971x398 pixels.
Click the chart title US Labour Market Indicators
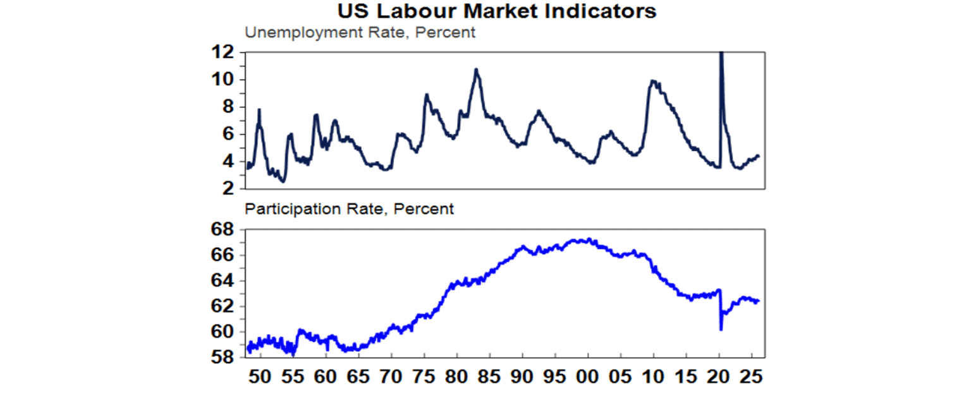[x=485, y=11]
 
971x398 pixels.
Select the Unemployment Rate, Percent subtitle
[x=360, y=33]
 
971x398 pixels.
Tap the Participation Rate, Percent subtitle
[x=350, y=208]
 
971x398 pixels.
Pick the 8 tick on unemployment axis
[x=227, y=107]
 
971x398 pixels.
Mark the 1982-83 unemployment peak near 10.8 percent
[x=476, y=69]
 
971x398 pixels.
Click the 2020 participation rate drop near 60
[x=721, y=329]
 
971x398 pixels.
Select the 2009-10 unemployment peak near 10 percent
[x=652, y=81]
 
